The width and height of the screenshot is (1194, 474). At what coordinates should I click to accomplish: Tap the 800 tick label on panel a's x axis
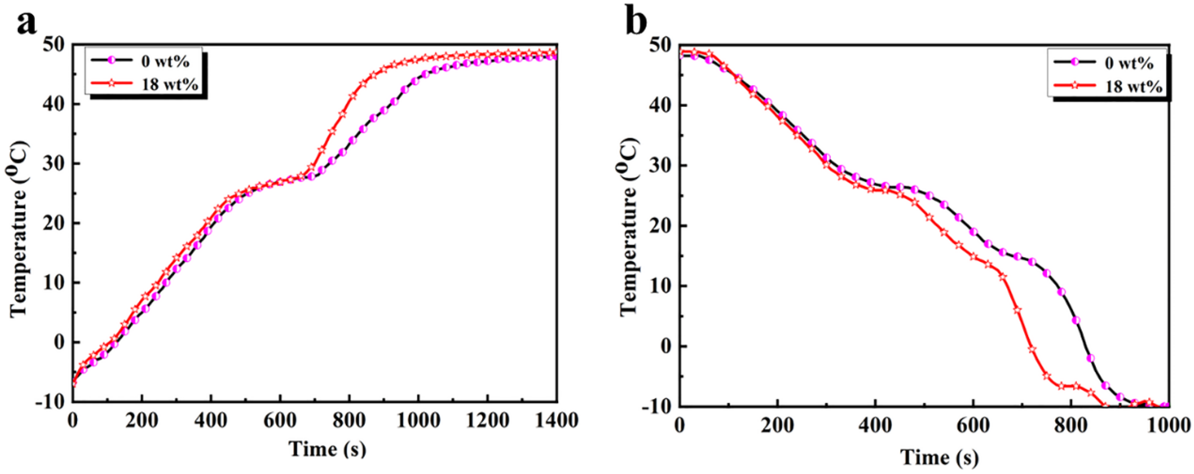349,421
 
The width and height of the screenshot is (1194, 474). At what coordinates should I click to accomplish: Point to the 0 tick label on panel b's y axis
668,346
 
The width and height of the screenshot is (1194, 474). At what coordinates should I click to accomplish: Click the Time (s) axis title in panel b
939,458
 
